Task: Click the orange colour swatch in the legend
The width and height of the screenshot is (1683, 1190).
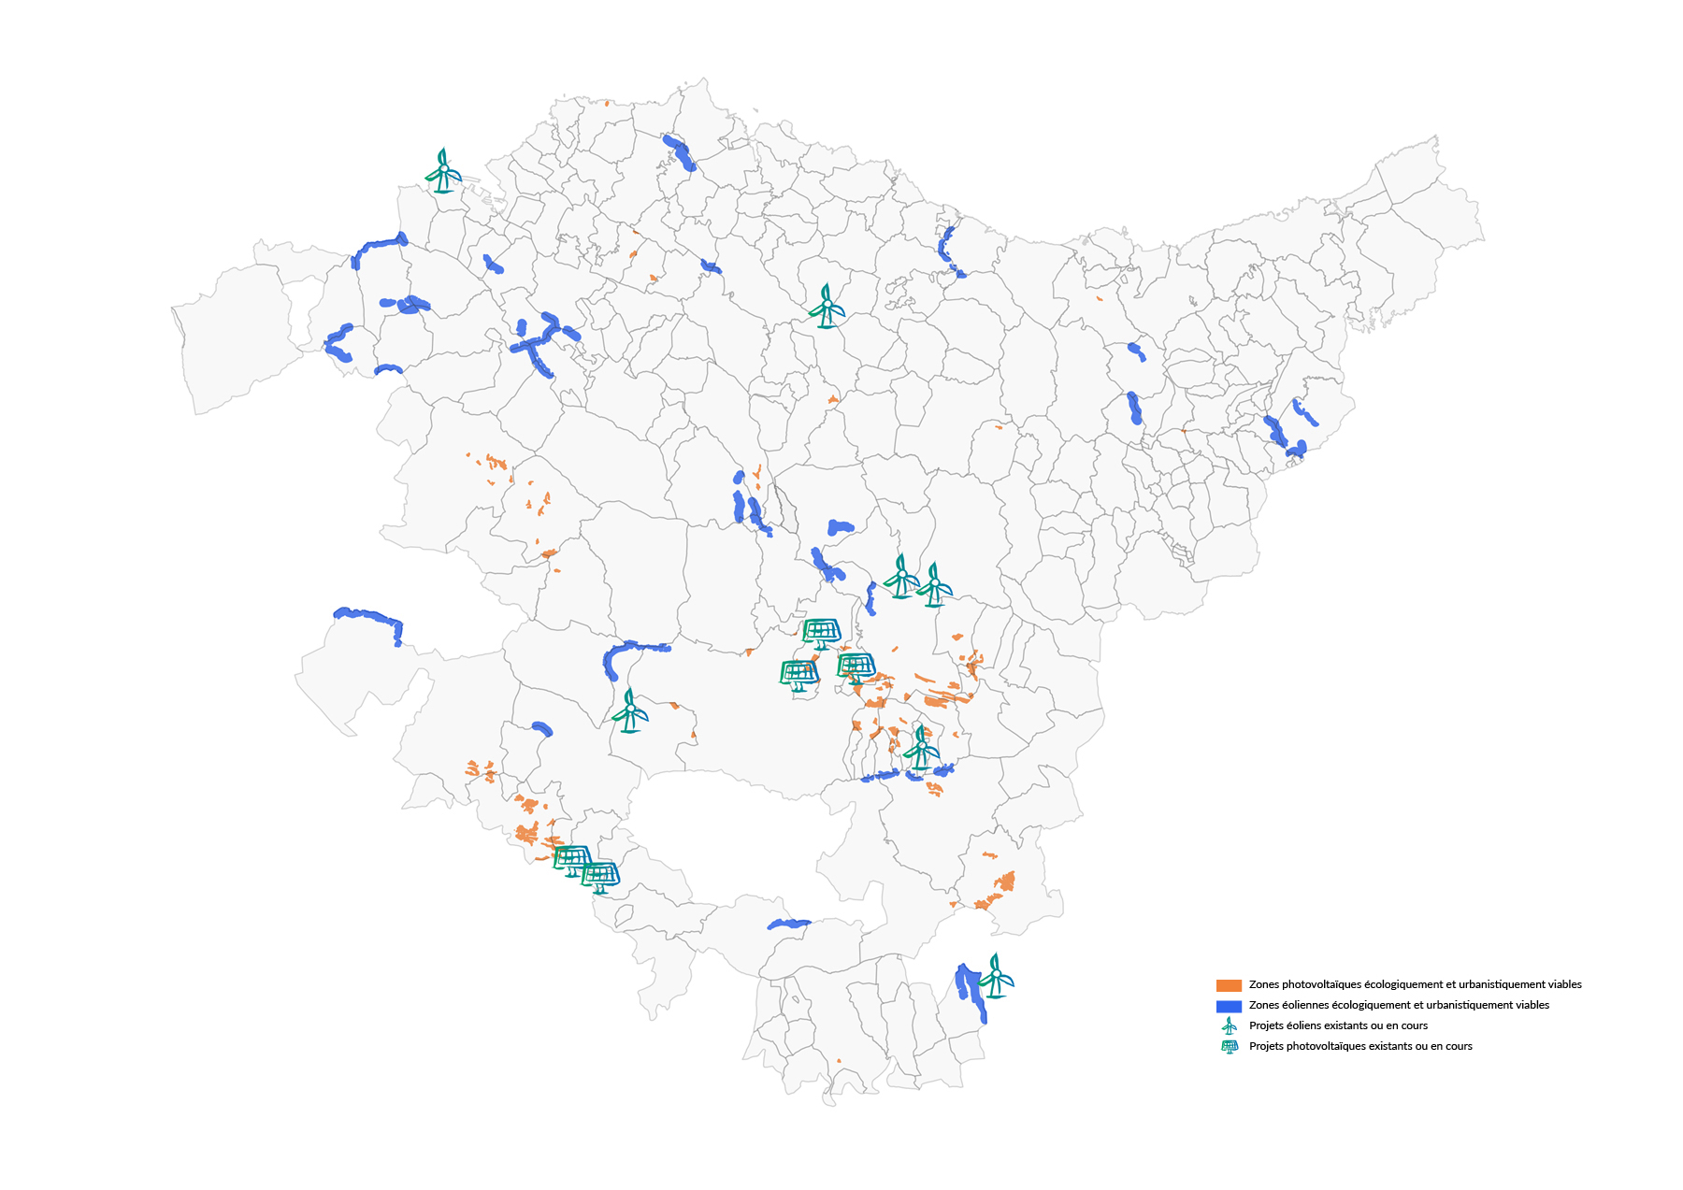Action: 1229,985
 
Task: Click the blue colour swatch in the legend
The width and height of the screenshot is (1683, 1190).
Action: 1229,1006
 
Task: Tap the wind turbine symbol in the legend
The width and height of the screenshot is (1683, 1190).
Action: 1230,1026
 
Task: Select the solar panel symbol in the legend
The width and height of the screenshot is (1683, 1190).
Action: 1230,1047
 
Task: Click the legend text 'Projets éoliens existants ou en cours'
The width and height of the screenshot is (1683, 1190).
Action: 1338,1026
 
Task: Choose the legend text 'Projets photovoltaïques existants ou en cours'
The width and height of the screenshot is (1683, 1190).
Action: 1360,1047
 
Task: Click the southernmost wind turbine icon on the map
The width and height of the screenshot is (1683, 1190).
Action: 997,976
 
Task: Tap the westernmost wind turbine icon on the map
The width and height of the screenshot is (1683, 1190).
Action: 443,171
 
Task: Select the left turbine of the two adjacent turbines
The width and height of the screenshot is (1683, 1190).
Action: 901,577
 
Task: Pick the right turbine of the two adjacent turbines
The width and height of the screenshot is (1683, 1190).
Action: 934,586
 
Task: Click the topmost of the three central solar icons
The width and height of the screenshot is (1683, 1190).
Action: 821,633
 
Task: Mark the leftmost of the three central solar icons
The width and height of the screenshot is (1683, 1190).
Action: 799,674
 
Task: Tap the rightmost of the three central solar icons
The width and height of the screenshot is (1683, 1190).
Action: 856,667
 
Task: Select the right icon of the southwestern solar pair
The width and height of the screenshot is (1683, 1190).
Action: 600,877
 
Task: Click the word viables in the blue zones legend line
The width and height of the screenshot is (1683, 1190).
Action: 1531,1006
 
